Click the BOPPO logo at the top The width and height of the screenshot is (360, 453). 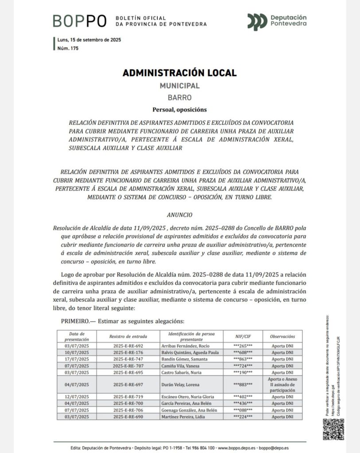click(x=80, y=20)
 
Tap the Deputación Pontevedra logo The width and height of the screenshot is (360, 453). click(x=277, y=20)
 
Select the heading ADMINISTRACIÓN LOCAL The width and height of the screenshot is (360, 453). click(x=179, y=73)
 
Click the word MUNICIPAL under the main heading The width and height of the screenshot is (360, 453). click(x=179, y=86)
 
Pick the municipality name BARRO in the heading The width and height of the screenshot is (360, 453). click(x=179, y=97)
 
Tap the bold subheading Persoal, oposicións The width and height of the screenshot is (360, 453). click(x=179, y=109)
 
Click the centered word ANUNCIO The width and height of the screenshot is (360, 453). click(x=179, y=215)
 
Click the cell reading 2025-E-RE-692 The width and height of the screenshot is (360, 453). click(x=128, y=346)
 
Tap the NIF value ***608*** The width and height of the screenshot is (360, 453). click(x=243, y=353)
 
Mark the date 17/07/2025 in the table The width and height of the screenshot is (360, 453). click(x=77, y=359)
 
